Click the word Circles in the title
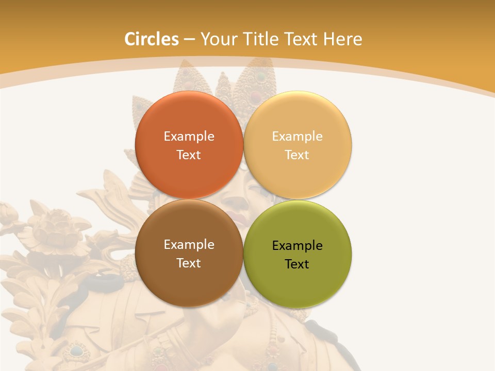pyautogui.click(x=151, y=39)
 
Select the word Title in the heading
pyautogui.click(x=263, y=39)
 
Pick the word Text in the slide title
pyautogui.click(x=302, y=39)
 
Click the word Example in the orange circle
pyautogui.click(x=189, y=137)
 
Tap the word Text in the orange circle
pyautogui.click(x=189, y=155)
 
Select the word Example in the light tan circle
pyautogui.click(x=297, y=137)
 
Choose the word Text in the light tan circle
pyautogui.click(x=297, y=155)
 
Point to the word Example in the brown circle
pyautogui.click(x=189, y=245)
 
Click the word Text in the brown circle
pyautogui.click(x=189, y=263)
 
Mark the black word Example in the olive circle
pyautogui.click(x=297, y=246)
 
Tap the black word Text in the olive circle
pyautogui.click(x=297, y=264)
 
